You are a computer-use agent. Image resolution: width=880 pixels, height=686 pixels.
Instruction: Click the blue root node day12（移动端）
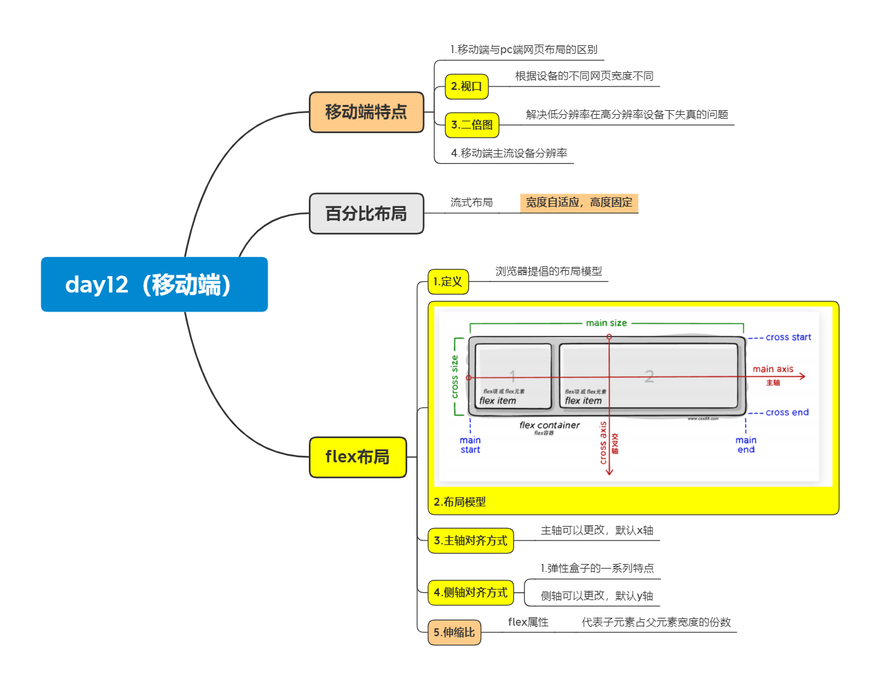click(154, 284)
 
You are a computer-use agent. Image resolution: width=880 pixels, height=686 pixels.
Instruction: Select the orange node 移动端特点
click(367, 112)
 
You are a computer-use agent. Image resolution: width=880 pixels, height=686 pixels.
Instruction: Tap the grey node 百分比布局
click(367, 213)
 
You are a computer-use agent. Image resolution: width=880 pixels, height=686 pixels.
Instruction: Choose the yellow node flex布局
click(358, 456)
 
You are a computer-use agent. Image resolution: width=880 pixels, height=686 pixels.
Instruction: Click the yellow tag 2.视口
click(466, 87)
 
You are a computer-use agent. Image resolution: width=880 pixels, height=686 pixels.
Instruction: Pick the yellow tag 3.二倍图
click(471, 125)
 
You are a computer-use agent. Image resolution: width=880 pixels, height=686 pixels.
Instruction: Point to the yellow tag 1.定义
click(448, 281)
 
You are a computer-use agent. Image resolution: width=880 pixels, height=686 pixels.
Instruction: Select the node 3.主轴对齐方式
click(470, 540)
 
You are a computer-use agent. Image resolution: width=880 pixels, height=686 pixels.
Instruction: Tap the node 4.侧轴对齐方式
click(470, 592)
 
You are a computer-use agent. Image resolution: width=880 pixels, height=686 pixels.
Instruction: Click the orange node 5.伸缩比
click(454, 632)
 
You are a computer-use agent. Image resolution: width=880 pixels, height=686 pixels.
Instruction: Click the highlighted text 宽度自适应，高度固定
click(579, 203)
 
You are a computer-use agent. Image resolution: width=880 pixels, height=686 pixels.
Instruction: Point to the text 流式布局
click(471, 203)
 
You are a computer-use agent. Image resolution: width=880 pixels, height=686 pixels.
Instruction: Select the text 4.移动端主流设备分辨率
click(509, 153)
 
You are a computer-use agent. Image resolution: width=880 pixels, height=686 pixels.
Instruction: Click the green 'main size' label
click(606, 323)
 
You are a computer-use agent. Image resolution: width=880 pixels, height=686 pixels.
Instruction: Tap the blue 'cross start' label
click(788, 337)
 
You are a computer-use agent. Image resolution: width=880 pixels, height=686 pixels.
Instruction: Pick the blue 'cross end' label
click(787, 413)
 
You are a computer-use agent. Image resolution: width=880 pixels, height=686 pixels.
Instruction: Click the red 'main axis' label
click(772, 369)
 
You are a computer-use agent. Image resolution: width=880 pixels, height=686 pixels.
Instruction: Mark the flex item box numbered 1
click(513, 376)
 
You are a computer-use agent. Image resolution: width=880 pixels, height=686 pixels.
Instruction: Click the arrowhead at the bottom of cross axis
click(609, 471)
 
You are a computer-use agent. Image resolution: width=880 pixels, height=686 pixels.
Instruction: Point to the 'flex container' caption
click(550, 425)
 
